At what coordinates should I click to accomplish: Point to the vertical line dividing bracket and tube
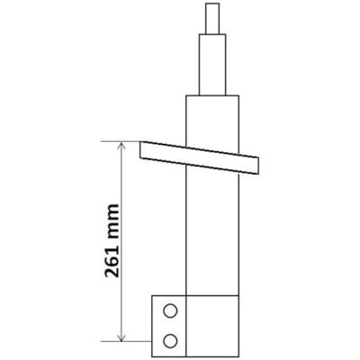pyautogui.click(x=185, y=324)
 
